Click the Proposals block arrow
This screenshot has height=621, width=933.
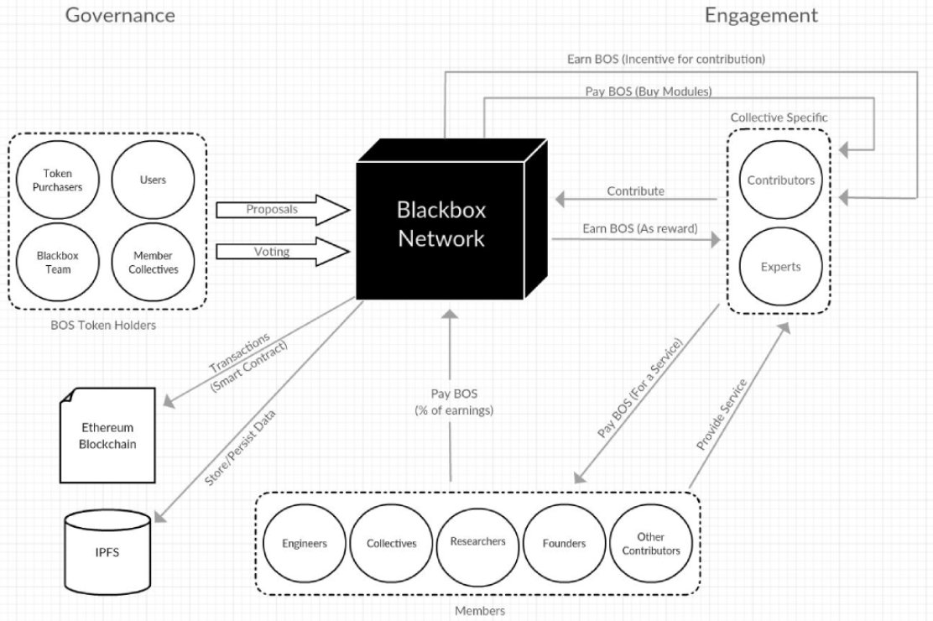tap(283, 210)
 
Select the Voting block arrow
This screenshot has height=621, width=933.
tap(283, 252)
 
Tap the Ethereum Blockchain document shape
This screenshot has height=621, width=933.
tap(107, 436)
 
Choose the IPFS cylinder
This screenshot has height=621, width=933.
tap(107, 552)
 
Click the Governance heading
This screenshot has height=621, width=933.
tap(120, 15)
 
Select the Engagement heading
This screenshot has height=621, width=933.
tap(761, 15)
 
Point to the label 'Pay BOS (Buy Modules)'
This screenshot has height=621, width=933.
tap(649, 91)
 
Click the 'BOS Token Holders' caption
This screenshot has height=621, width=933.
tap(103, 325)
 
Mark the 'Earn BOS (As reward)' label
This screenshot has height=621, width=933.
tap(640, 228)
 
